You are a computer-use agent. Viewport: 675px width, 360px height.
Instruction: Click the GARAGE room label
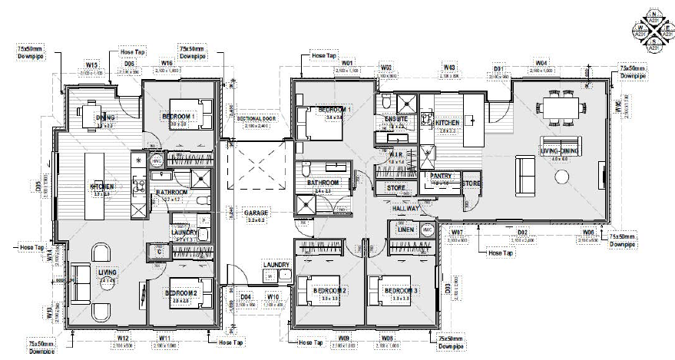pos(256,213)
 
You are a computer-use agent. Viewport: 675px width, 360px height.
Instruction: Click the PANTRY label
pos(440,175)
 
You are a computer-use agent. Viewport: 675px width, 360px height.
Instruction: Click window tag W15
pos(91,66)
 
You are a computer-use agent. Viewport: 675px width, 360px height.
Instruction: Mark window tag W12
pos(122,338)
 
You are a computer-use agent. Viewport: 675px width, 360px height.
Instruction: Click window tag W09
pos(345,338)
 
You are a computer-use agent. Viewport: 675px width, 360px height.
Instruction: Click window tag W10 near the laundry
pos(273,296)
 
